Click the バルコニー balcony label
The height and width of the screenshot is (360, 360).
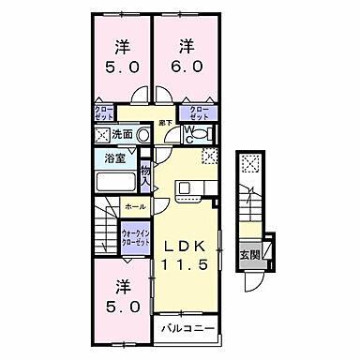tap(187, 328)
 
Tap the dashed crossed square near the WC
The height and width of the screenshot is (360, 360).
tap(212, 157)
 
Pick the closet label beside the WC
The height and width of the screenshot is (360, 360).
tap(200, 113)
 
